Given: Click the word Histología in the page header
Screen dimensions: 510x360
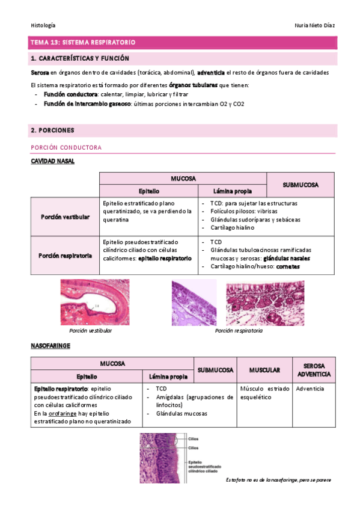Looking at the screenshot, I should point(43,25).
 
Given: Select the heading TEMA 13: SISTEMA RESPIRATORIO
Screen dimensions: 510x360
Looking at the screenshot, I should point(84,43).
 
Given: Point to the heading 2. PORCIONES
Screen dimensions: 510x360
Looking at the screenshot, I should point(52,130).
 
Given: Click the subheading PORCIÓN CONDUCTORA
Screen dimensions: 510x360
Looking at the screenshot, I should point(66,147).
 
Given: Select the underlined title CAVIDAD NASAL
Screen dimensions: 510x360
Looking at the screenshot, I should point(52,161).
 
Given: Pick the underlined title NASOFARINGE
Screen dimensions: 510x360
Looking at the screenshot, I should point(50,346).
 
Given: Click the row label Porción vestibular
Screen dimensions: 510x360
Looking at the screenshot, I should point(66,217).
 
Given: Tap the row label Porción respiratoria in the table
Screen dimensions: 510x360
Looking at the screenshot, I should point(66,255).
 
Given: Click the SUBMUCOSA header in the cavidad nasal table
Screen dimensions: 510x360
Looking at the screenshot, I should point(301,185).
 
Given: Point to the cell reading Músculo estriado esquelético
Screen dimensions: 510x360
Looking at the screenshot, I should point(262,393).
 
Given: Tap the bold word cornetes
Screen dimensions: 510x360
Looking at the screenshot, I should point(288,266).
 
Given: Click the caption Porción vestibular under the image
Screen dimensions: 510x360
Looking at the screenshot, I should point(90,331).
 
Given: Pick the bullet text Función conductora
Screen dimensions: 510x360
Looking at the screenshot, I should point(70,95).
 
